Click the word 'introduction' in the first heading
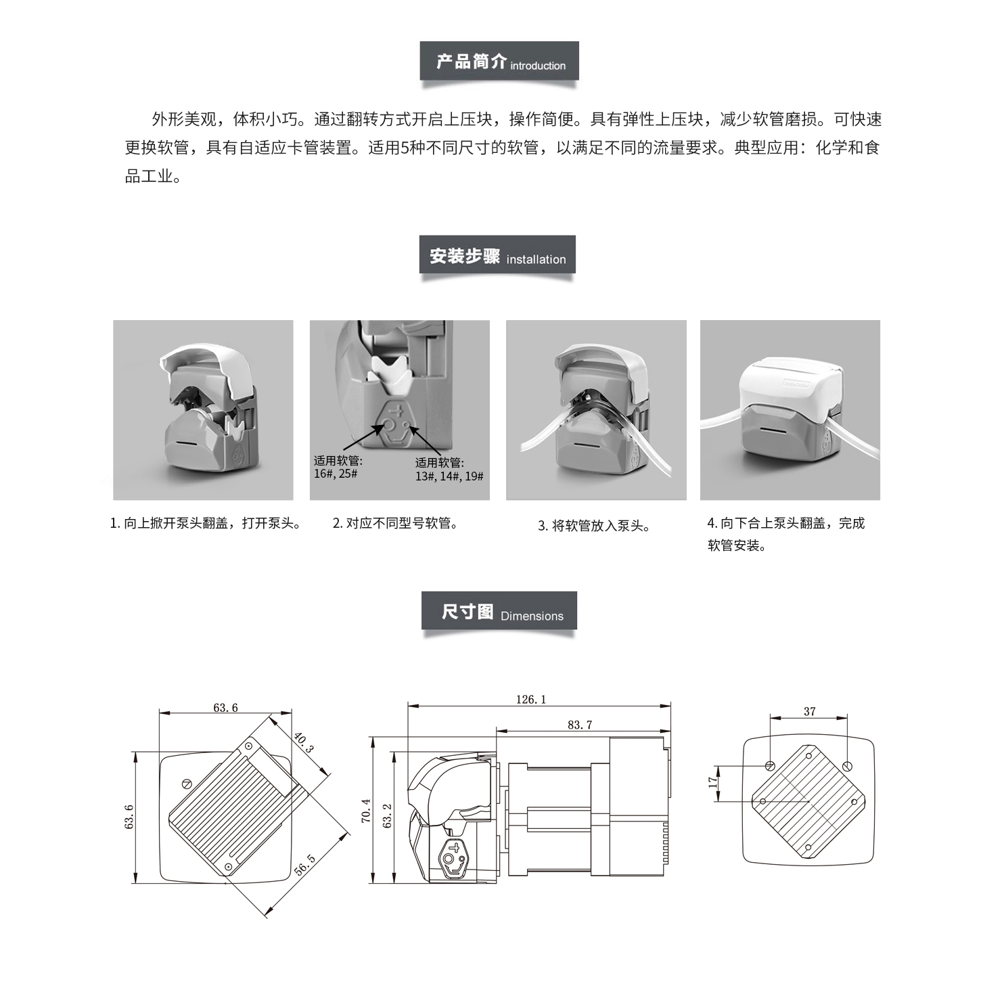[x=538, y=66]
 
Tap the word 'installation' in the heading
[x=536, y=259]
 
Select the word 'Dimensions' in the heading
[x=532, y=616]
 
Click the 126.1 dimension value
[x=531, y=699]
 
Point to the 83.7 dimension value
[x=580, y=725]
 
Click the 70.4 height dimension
[x=366, y=810]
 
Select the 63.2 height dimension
[x=387, y=815]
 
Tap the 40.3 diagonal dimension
[x=304, y=742]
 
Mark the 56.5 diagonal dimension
[x=305, y=865]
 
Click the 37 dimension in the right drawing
[x=810, y=711]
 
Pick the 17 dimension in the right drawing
[x=712, y=782]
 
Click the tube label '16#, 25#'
[x=336, y=474]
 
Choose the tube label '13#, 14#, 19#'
[x=449, y=476]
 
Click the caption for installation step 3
[x=594, y=526]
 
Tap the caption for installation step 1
[x=205, y=523]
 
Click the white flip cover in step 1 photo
[x=203, y=369]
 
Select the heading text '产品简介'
[x=471, y=62]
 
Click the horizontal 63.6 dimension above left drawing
[x=225, y=708]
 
